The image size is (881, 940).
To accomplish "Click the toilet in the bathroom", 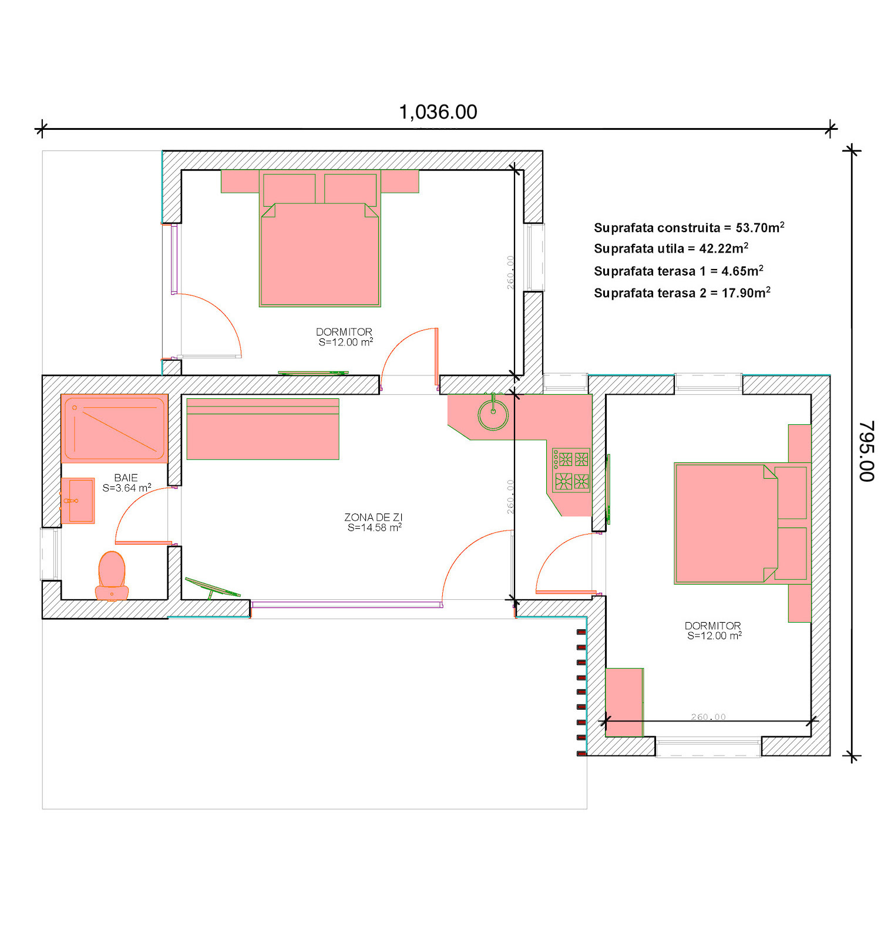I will tap(112, 576).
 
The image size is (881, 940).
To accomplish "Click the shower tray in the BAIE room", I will tap(115, 428).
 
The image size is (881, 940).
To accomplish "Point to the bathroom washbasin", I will tap(78, 501).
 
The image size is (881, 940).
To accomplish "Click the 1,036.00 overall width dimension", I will tap(438, 112).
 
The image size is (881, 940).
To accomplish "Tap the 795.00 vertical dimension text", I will tap(866, 451).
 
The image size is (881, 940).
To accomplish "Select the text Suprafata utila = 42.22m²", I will tap(671, 249).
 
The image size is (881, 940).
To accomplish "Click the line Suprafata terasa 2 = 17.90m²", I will tap(682, 293).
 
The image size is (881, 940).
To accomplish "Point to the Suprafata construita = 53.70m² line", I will tap(689, 227).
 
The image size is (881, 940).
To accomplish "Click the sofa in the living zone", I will tap(263, 429).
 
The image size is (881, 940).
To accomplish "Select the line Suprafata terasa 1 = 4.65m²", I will tap(678, 271).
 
